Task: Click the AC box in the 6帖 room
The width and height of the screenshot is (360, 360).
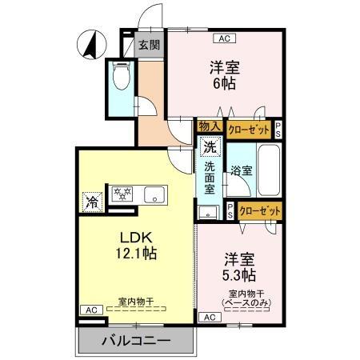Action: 223,38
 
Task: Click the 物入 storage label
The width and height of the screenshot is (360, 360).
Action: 210,126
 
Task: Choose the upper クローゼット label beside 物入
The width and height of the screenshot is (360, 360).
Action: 249,126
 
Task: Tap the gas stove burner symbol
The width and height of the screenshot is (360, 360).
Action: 122,194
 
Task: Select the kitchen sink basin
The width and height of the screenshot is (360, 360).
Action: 153,194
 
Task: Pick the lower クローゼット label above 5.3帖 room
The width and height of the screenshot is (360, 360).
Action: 259,210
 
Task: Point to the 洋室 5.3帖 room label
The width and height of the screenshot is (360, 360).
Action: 238,266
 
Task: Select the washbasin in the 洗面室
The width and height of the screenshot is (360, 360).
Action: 209,212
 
